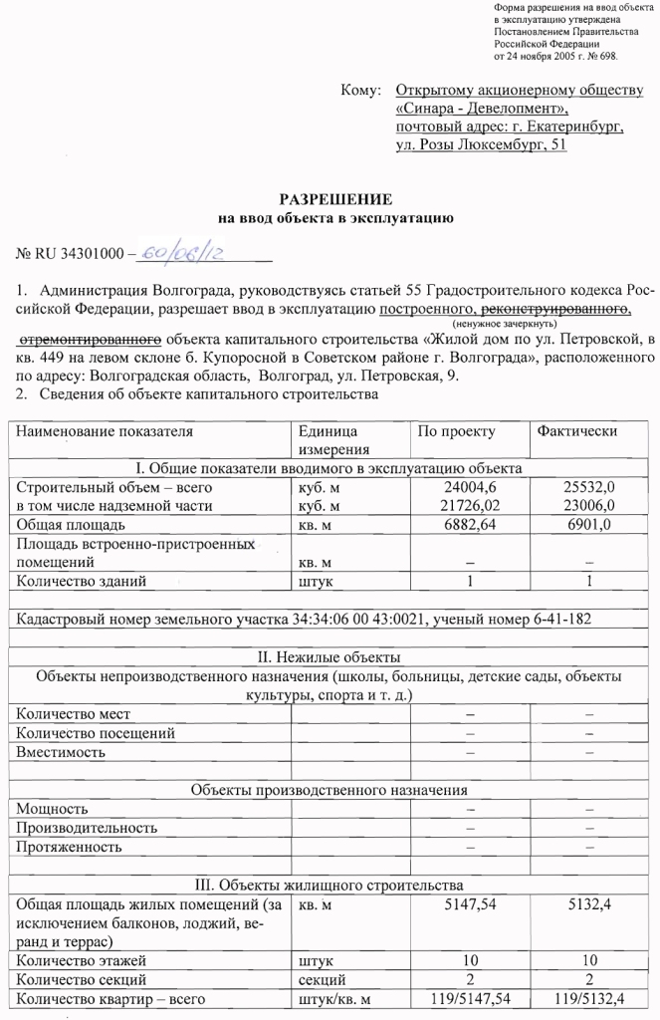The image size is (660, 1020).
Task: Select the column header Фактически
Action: [x=576, y=431]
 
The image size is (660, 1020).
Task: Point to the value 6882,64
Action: [x=469, y=524]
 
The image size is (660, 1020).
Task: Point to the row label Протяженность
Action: [x=70, y=847]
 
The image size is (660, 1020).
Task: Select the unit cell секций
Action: [x=321, y=980]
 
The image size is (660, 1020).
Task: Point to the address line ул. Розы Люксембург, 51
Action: [x=481, y=144]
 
